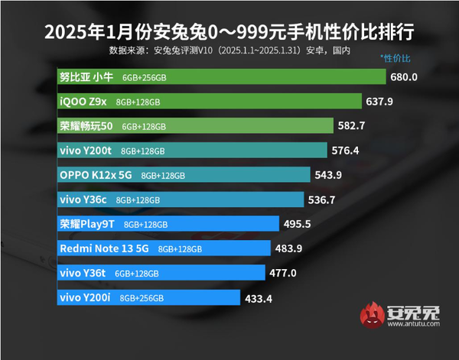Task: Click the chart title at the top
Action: click(x=229, y=33)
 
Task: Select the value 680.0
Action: click(x=403, y=77)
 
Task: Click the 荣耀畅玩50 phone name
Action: click(x=86, y=126)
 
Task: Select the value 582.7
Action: click(x=353, y=126)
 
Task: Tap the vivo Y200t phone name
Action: click(x=86, y=151)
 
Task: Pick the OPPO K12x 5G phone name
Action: click(x=96, y=175)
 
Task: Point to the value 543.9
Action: click(x=329, y=175)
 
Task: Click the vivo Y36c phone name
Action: click(x=83, y=199)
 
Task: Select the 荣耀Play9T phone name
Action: click(x=88, y=224)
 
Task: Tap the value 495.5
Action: click(x=297, y=224)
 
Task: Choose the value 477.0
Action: click(x=283, y=273)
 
